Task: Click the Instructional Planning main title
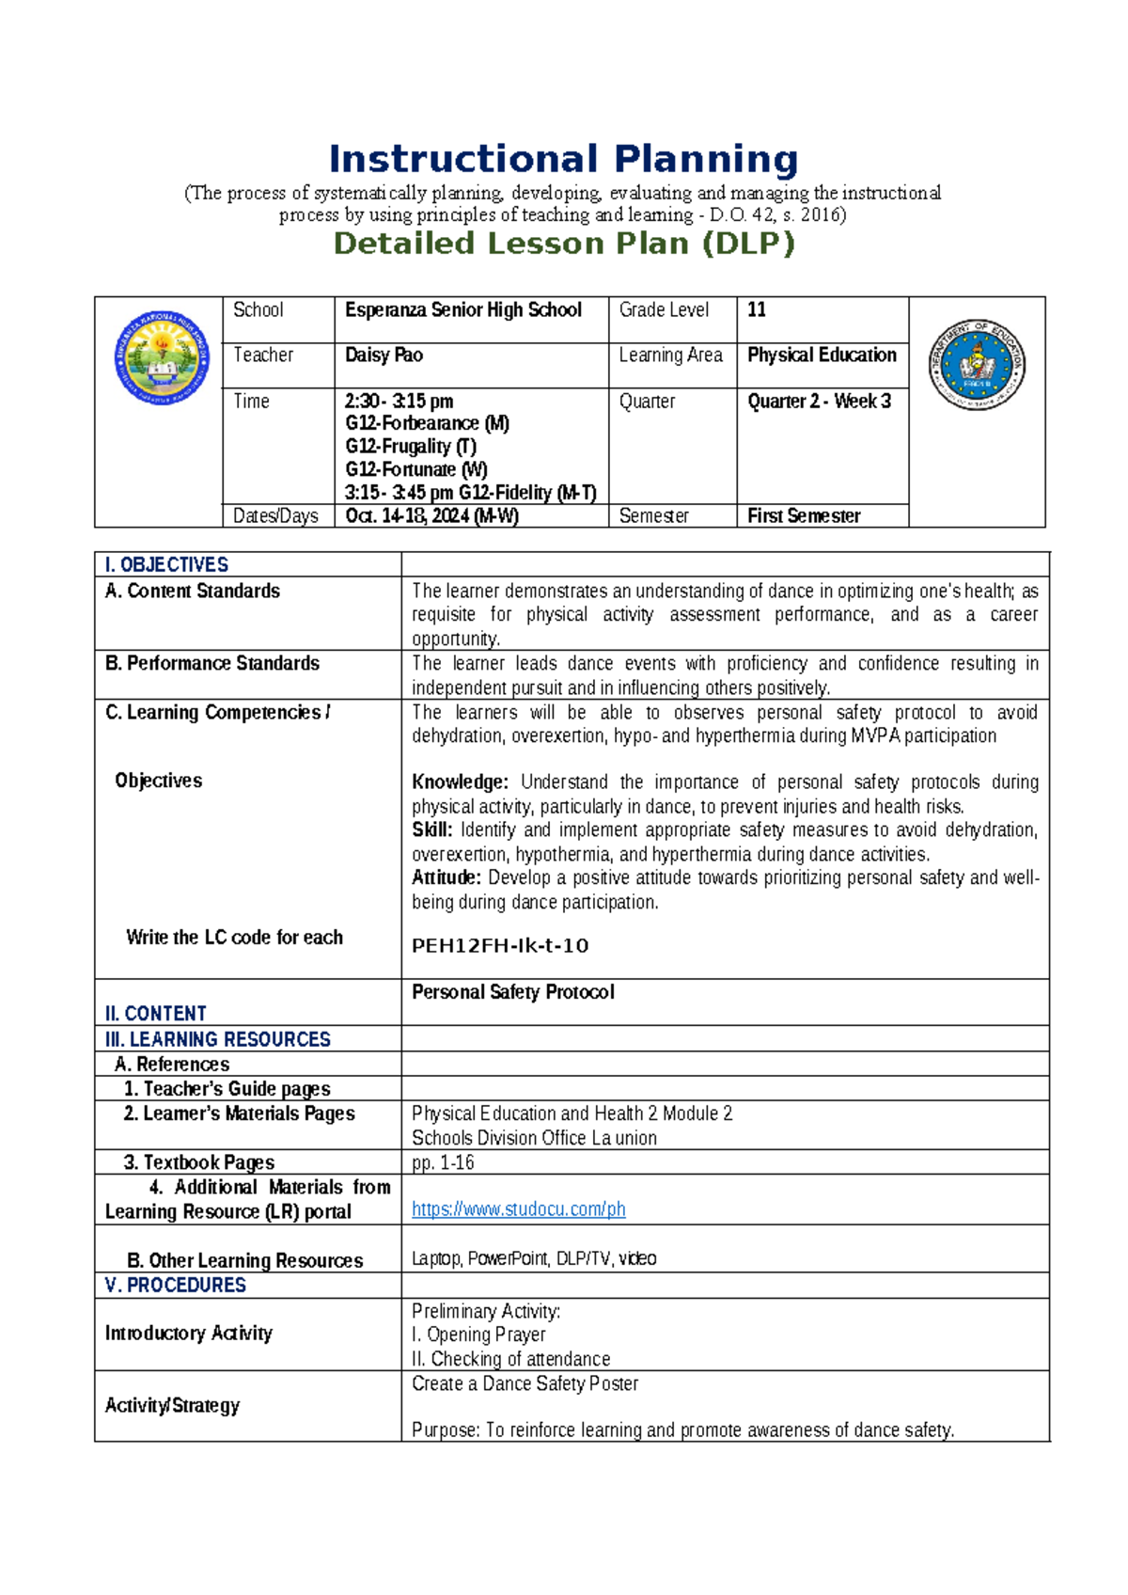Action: tap(563, 160)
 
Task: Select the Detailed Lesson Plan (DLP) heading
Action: tap(564, 244)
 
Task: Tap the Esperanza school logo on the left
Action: tap(162, 358)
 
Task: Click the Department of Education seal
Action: tap(977, 364)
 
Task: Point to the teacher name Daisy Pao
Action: tap(384, 355)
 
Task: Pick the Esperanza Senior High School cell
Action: tap(463, 310)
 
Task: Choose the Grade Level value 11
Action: tap(757, 310)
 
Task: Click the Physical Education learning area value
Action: tap(822, 355)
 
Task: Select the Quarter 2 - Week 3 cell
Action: tap(819, 402)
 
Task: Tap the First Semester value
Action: tap(804, 516)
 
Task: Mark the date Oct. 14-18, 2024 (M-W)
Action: tap(431, 516)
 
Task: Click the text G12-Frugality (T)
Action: tap(411, 447)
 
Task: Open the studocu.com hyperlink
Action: tap(518, 1209)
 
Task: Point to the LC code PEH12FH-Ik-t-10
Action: tap(500, 946)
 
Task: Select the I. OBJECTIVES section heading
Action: tap(166, 565)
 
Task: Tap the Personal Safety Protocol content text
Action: tap(512, 992)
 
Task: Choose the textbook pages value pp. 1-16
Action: tap(443, 1163)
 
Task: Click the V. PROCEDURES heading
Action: tap(176, 1286)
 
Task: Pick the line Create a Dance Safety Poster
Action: tap(525, 1384)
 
